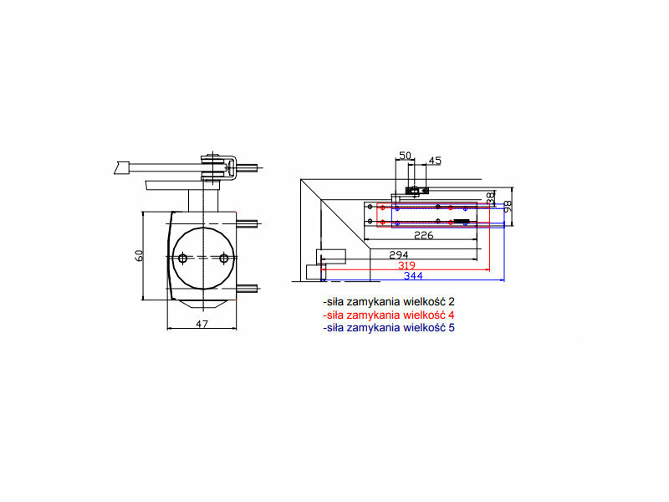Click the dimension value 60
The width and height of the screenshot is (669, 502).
[x=139, y=255]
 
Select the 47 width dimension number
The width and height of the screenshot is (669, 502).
[x=202, y=324]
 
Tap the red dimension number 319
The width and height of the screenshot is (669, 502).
[x=406, y=265]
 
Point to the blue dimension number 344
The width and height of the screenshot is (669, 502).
[x=413, y=276]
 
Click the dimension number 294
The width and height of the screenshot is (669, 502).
[x=399, y=255]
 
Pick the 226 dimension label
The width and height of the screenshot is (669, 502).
[x=424, y=235]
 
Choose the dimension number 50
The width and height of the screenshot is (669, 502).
[x=405, y=156]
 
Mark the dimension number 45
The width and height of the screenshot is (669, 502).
[x=434, y=161]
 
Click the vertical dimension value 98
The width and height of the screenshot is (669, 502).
[x=508, y=207]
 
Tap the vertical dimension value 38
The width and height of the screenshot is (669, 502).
[x=491, y=197]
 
